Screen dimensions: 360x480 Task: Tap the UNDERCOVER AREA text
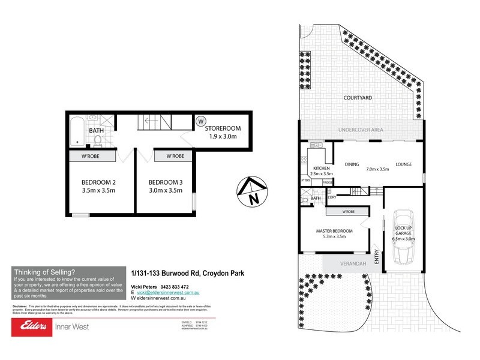[359, 130]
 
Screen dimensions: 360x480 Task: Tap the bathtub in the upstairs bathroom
[77, 131]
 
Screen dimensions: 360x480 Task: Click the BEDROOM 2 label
[98, 182]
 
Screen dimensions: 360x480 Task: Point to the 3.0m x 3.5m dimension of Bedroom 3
[165, 191]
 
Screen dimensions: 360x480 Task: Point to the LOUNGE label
[403, 163]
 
